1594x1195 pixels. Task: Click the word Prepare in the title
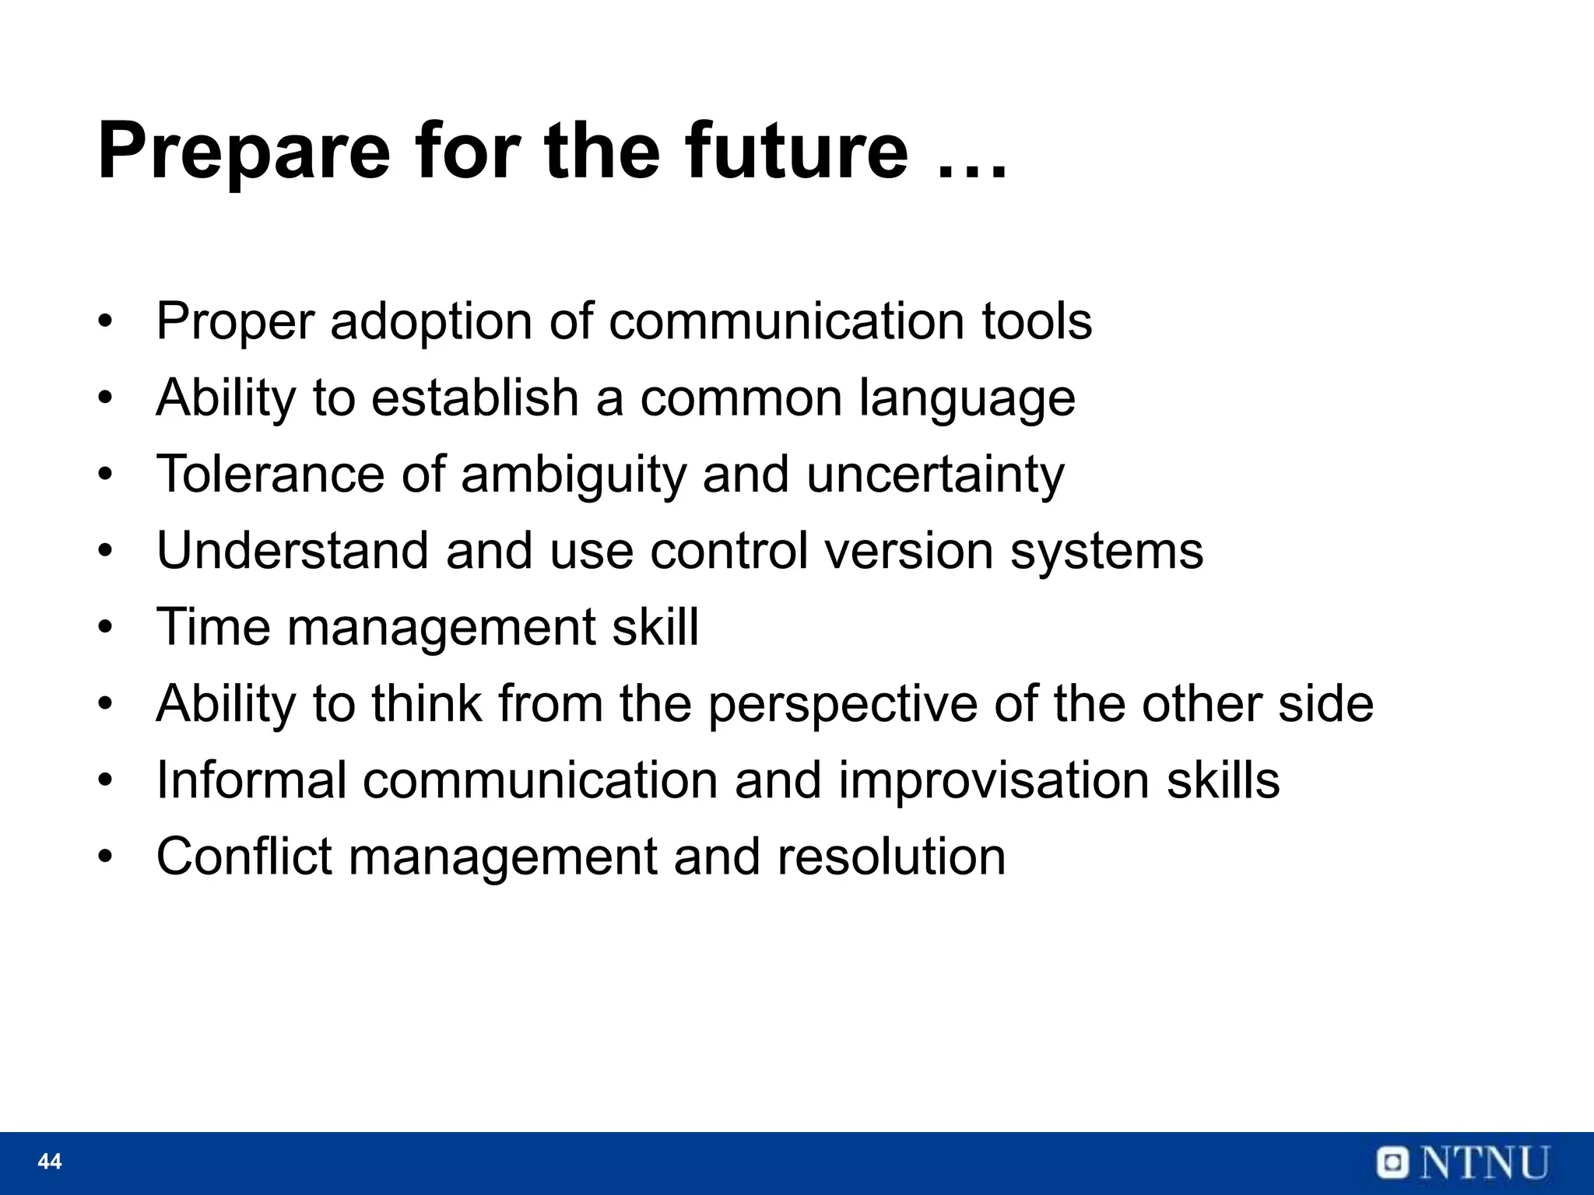tap(243, 152)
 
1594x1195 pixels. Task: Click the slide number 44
tap(50, 1162)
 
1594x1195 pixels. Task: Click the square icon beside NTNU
tap(1392, 1164)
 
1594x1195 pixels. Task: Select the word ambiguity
tap(574, 475)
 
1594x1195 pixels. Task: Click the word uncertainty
tap(935, 475)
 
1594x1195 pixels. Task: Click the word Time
tap(213, 626)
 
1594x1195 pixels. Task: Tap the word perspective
tap(842, 704)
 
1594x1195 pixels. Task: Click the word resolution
tap(890, 856)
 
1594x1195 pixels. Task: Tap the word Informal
tap(251, 780)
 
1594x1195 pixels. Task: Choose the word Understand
tap(292, 550)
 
